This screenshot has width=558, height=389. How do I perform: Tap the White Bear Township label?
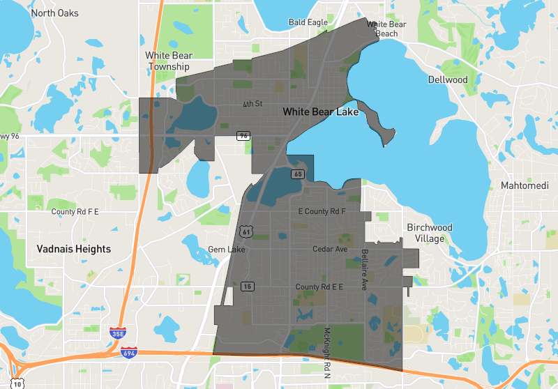pos(167,61)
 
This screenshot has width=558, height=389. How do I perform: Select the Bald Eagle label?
pos(308,22)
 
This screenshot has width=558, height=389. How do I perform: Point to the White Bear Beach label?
pos(386,29)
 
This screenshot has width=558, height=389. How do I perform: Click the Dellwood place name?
pos(448,79)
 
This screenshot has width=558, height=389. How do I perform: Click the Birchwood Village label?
pos(430,233)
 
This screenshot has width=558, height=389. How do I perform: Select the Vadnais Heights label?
pos(74,249)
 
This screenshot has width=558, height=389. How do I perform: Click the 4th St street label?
pos(252,104)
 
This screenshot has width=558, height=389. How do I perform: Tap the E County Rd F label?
pos(322,211)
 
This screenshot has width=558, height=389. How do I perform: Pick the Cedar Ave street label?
pos(330,249)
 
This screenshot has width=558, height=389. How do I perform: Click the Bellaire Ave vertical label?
pos(363,269)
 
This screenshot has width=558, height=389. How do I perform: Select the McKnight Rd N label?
pos(325,349)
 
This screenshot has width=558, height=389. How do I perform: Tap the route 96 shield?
pos(243,135)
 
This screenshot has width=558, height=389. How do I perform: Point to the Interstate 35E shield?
pos(116,333)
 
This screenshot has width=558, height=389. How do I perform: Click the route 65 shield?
pos(299,174)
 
